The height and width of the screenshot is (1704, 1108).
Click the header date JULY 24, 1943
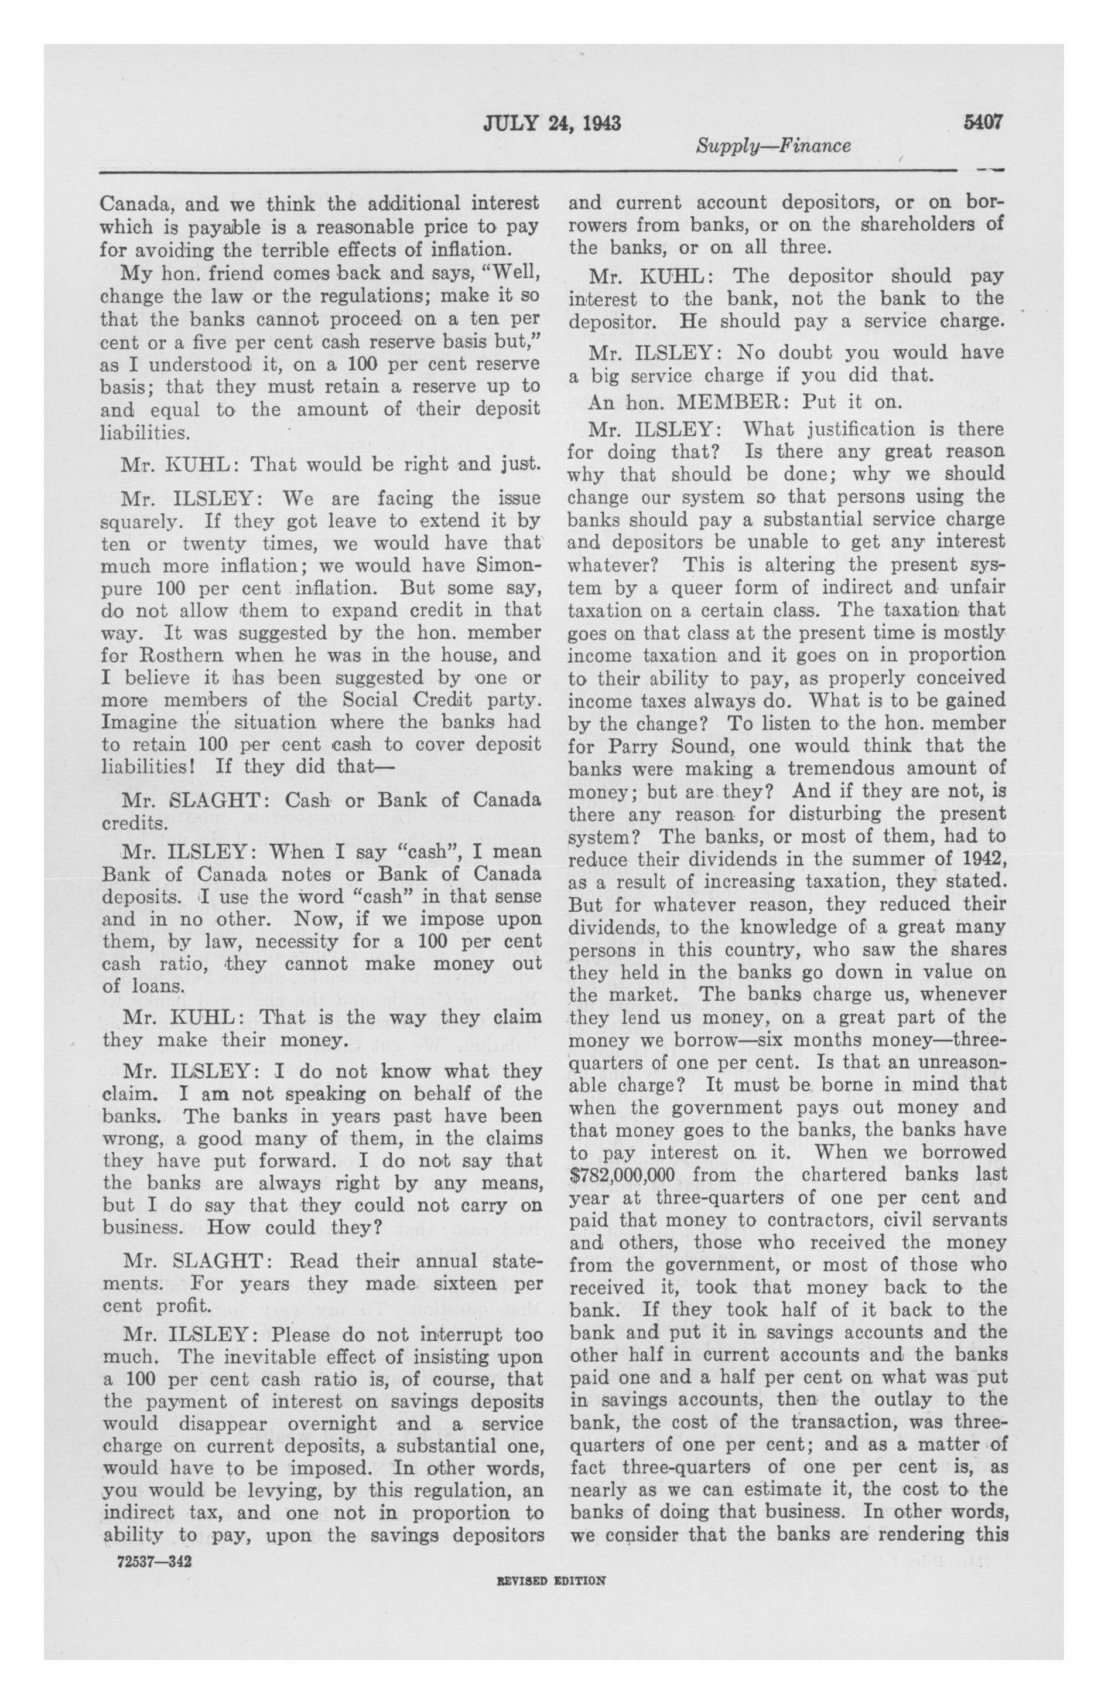(551, 124)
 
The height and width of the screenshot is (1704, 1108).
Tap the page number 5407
(983, 122)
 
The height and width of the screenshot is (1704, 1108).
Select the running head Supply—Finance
(773, 146)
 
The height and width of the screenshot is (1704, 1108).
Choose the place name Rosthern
(167, 655)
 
